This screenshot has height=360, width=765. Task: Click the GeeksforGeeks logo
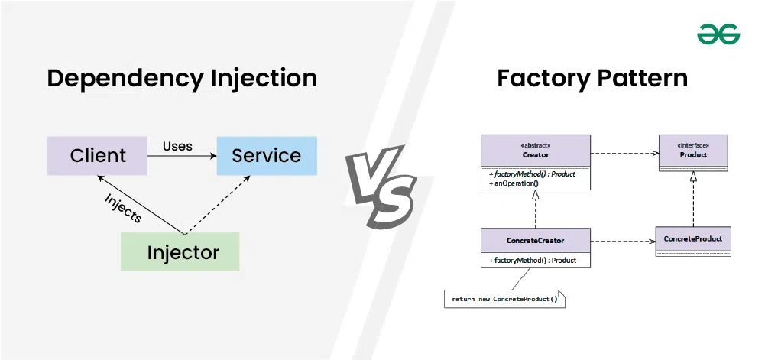pyautogui.click(x=718, y=34)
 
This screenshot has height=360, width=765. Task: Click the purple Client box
pyautogui.click(x=97, y=156)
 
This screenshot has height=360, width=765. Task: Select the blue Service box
pyautogui.click(x=266, y=156)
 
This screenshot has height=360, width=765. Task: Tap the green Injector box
pyautogui.click(x=180, y=252)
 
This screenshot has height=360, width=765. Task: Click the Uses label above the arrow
pyautogui.click(x=177, y=145)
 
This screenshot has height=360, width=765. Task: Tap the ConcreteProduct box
pyautogui.click(x=693, y=240)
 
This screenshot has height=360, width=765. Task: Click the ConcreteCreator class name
pyautogui.click(x=535, y=241)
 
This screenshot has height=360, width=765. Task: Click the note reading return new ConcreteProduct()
pyautogui.click(x=504, y=299)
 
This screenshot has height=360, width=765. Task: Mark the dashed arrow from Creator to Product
pyautogui.click(x=624, y=152)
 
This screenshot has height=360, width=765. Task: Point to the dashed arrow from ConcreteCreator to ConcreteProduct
pyautogui.click(x=623, y=241)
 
